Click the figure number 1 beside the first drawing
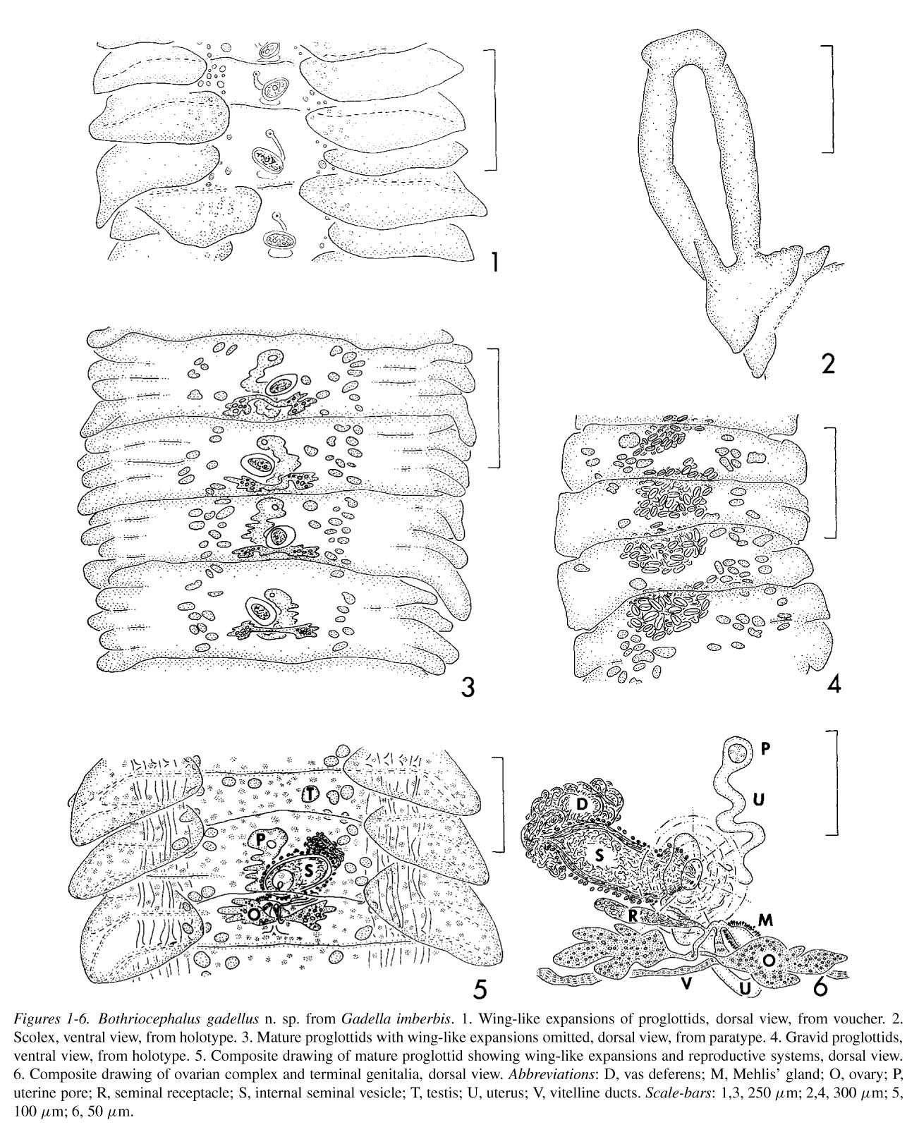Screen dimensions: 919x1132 click(495, 262)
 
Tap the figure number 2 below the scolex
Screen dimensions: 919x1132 click(828, 363)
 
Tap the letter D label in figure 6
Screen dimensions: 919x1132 click(582, 805)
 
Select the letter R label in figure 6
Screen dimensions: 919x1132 click(633, 915)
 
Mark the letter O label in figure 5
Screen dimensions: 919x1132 click(255, 913)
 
